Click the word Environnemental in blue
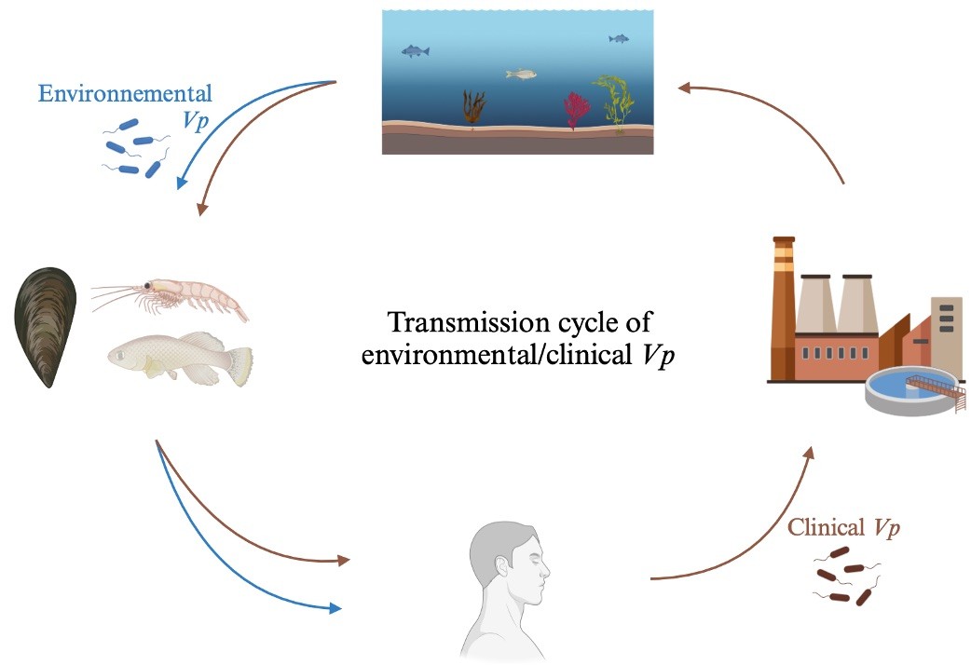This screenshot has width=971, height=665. (x=125, y=93)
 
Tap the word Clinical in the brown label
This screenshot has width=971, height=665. (x=826, y=527)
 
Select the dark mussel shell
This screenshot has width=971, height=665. (x=46, y=327)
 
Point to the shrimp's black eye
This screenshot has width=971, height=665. (x=148, y=285)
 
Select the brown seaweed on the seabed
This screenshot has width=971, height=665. (x=473, y=108)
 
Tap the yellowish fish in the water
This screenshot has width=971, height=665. (x=520, y=75)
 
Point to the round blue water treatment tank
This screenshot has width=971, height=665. (x=911, y=390)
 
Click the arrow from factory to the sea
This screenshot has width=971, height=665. (x=773, y=114)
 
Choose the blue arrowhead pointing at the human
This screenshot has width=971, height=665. (x=335, y=608)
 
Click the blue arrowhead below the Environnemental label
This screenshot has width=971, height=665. (x=182, y=182)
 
